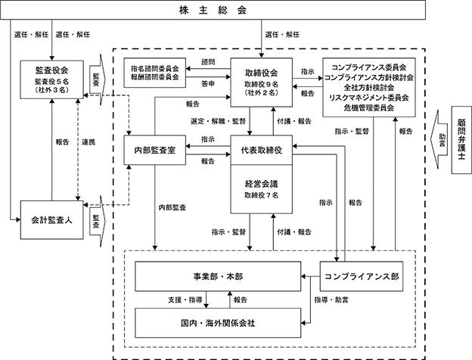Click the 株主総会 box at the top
(x=213, y=10)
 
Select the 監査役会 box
(x=51, y=79)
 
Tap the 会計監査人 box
(x=51, y=220)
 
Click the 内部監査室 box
(x=155, y=150)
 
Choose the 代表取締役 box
(x=261, y=150)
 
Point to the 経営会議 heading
(x=261, y=184)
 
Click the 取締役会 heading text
(x=261, y=73)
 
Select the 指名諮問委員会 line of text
(x=155, y=69)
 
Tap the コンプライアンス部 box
(x=362, y=276)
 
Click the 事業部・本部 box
(x=218, y=276)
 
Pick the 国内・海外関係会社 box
(x=218, y=323)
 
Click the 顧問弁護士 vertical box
(x=461, y=140)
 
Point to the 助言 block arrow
(x=439, y=139)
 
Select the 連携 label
(x=88, y=142)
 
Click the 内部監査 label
(x=172, y=207)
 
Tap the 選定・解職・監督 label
(x=219, y=121)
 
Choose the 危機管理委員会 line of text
(x=369, y=107)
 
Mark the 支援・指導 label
(x=185, y=299)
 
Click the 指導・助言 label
(x=331, y=299)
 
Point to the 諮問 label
(x=208, y=62)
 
